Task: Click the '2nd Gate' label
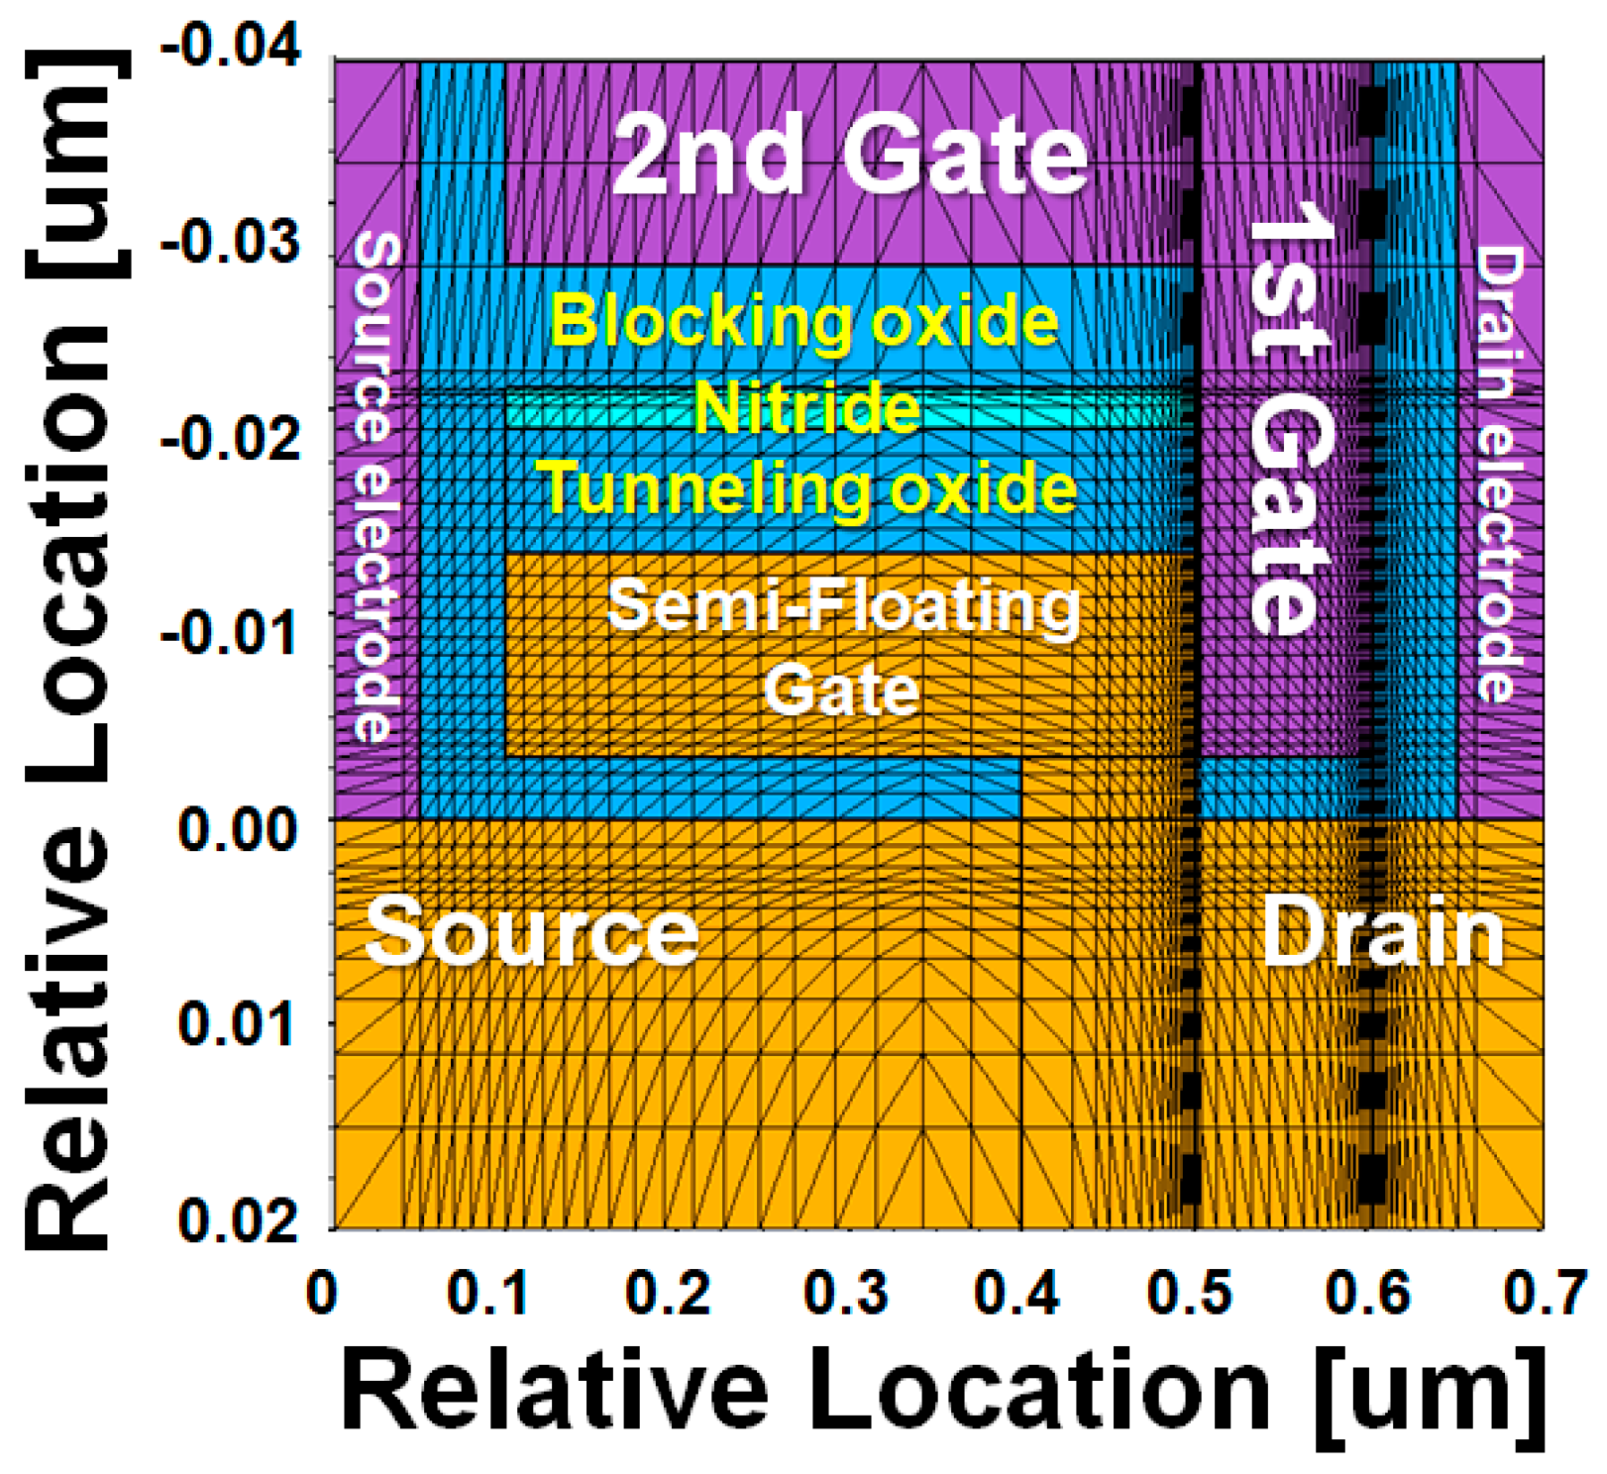[x=850, y=157]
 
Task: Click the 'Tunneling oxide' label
[x=807, y=489]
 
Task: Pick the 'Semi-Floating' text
[x=843, y=606]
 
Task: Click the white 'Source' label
[x=531, y=933]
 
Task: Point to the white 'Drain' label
[x=1383, y=933]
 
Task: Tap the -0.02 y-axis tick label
[x=230, y=439]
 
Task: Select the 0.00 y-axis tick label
[x=237, y=829]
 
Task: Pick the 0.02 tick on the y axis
[x=237, y=1219]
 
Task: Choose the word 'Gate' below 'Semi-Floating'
[x=841, y=690]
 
